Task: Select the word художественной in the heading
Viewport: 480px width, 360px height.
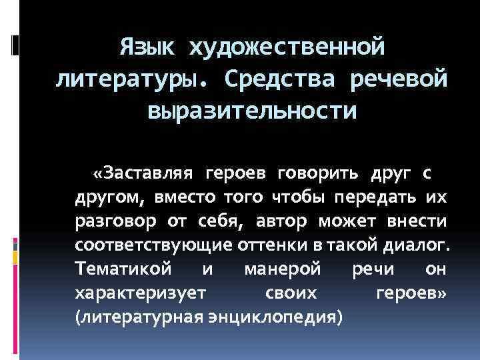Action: pyautogui.click(x=287, y=47)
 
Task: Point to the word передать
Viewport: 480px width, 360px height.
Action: pyautogui.click(x=373, y=197)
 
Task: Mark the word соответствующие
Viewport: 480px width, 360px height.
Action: pyautogui.click(x=153, y=244)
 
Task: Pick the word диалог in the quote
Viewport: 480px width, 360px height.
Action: pyautogui.click(x=416, y=244)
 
